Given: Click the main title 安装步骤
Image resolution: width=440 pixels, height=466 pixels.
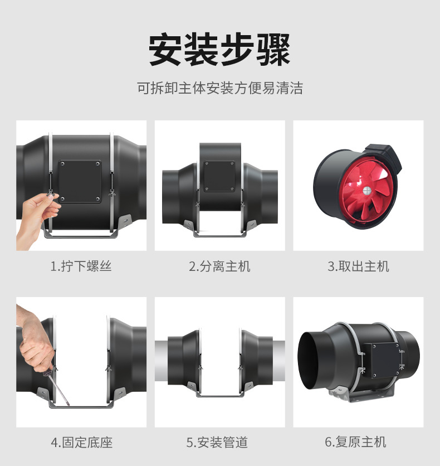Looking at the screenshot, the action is pyautogui.click(x=219, y=50).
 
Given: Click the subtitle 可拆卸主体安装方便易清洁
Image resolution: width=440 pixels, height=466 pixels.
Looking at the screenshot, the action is pyautogui.click(x=220, y=88).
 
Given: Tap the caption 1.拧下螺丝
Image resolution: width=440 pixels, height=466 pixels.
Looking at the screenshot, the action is pyautogui.click(x=81, y=266).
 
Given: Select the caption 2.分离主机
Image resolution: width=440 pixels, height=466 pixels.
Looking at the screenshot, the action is pyautogui.click(x=219, y=266).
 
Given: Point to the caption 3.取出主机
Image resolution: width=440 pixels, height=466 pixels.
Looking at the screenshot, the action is pyautogui.click(x=358, y=266).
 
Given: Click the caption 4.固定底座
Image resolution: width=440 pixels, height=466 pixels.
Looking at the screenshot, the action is pyautogui.click(x=82, y=442).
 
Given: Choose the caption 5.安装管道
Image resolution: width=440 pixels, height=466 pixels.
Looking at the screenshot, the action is pyautogui.click(x=217, y=442).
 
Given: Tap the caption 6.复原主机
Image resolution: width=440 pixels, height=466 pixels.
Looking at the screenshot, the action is pyautogui.click(x=355, y=441).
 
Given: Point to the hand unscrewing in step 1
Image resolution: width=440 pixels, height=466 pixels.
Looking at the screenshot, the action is pyautogui.click(x=37, y=217).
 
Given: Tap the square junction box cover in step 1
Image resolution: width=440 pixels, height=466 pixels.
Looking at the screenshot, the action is pyautogui.click(x=80, y=182).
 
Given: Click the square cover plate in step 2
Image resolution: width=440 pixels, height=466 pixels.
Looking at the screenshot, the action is pyautogui.click(x=219, y=176).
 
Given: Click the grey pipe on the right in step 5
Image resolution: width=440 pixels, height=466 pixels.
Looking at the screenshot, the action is pyautogui.click(x=278, y=361).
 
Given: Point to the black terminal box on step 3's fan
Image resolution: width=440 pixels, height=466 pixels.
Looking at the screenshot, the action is pyautogui.click(x=384, y=158).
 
